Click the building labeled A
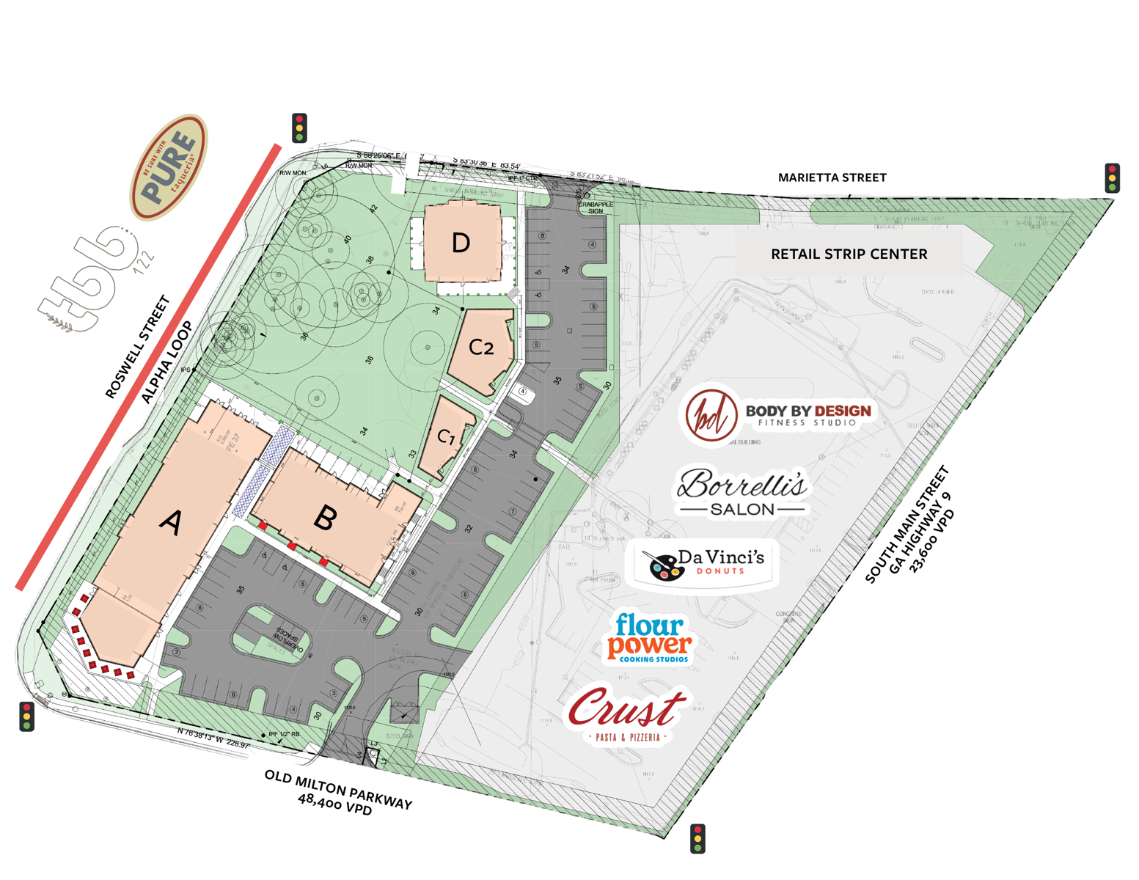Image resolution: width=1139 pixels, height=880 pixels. pos(171,522)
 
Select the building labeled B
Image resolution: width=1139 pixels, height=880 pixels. pos(326,518)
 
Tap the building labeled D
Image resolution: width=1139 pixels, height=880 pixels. pos(461,243)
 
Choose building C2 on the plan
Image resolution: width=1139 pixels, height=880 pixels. pos(481,347)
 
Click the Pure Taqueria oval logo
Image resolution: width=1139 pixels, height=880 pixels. pos(169,167)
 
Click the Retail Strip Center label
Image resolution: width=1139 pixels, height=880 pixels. pos(849,254)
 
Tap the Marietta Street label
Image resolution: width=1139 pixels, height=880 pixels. pos(832,177)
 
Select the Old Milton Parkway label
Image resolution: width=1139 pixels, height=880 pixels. pos(337,792)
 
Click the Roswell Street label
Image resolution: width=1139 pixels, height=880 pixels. pos(138,347)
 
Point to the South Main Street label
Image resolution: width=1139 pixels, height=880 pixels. pos(907,524)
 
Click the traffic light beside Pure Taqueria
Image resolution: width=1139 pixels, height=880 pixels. pos(299,128)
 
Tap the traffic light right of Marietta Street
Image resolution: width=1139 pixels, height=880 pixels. pos(1112,178)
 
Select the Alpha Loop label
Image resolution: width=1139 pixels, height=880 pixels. pos(167,362)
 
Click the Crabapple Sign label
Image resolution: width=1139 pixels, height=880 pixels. pos(596,208)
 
